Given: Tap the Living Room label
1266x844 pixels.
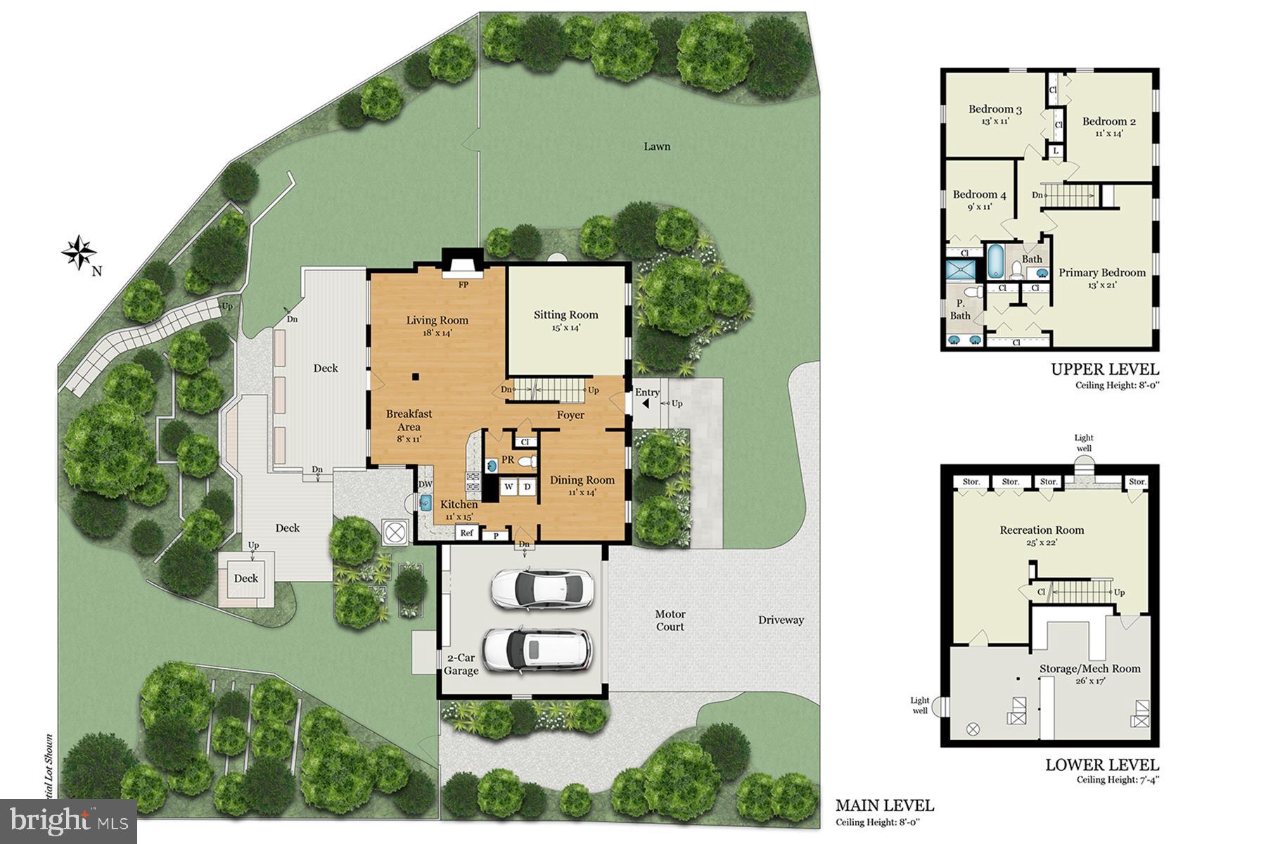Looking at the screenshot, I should tap(437, 321).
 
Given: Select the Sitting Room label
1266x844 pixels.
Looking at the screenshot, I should tap(565, 315).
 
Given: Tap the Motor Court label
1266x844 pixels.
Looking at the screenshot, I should tap(670, 620).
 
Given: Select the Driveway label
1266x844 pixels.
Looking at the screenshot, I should tap(781, 620).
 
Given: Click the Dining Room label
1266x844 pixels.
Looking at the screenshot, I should tap(582, 480).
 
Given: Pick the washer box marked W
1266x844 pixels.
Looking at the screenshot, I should tap(508, 487).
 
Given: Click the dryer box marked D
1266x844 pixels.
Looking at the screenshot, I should tap(527, 487).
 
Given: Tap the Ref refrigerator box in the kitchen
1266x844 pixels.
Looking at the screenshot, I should tap(466, 533).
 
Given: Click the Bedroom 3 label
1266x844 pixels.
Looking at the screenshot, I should tap(995, 109).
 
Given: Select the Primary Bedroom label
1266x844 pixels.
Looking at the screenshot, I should tap(1101, 273).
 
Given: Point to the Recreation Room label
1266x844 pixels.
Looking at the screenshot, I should tap(1042, 530).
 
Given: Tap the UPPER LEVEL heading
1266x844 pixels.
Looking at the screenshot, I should tap(1104, 369).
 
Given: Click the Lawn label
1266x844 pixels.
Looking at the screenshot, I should tap(657, 146).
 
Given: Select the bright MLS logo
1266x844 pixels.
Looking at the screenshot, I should tap(68, 820).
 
